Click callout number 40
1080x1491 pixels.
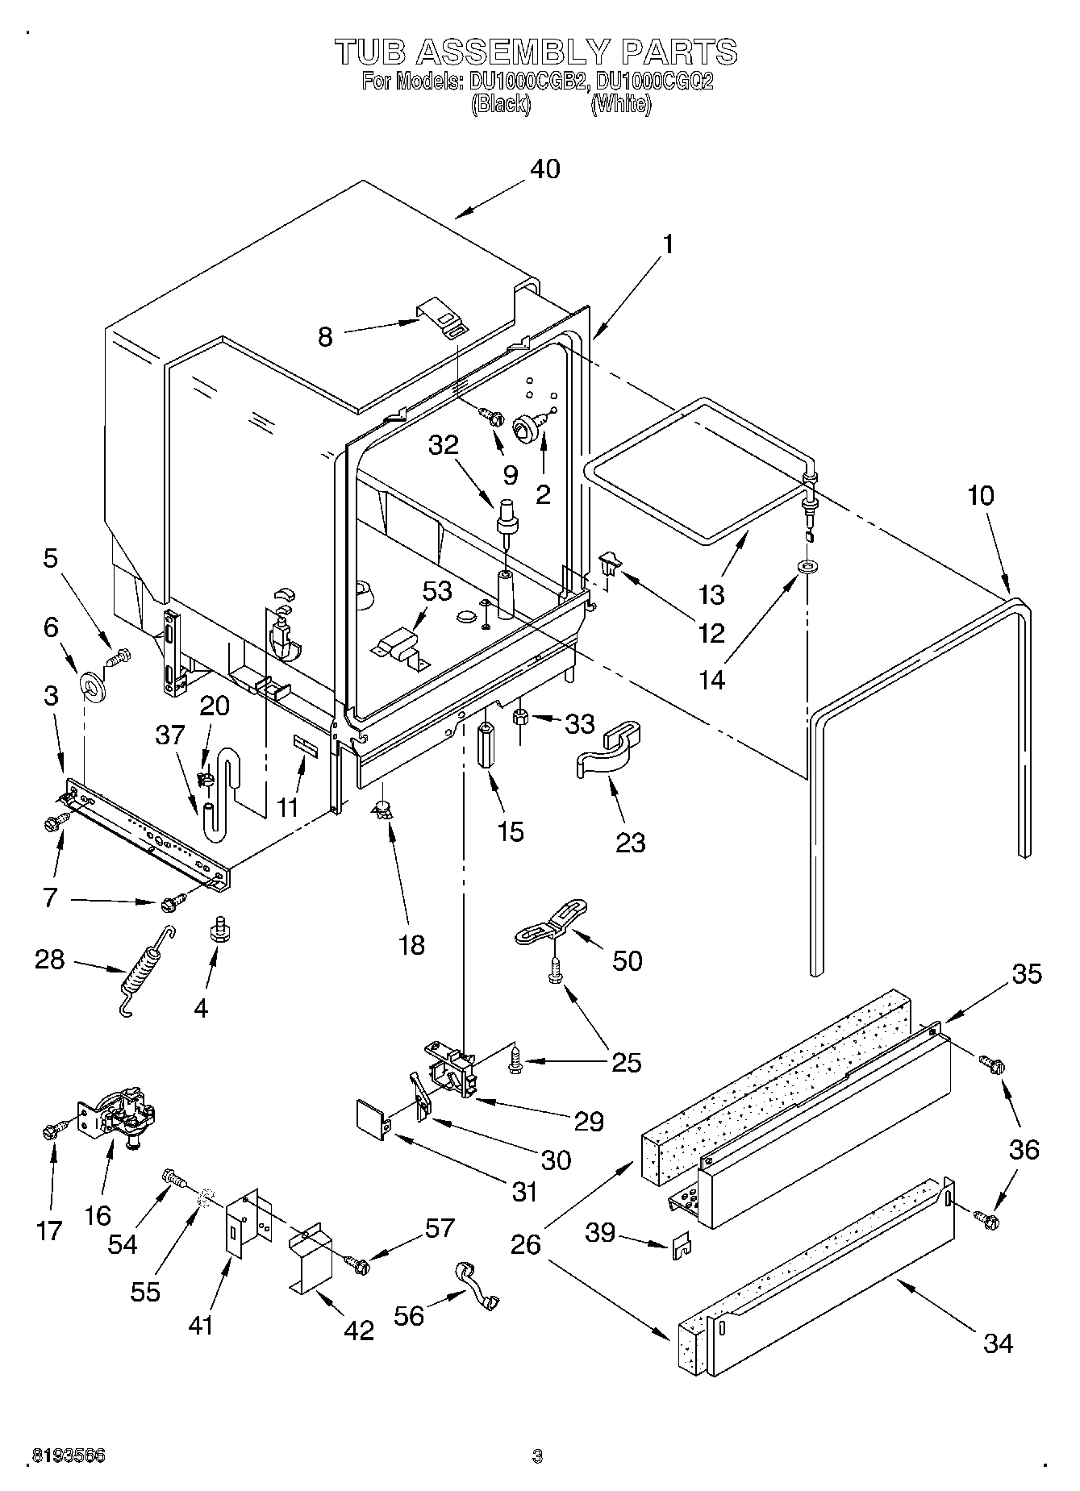545,169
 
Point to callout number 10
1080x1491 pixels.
981,495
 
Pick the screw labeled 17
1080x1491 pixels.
52,1131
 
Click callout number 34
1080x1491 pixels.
998,1343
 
